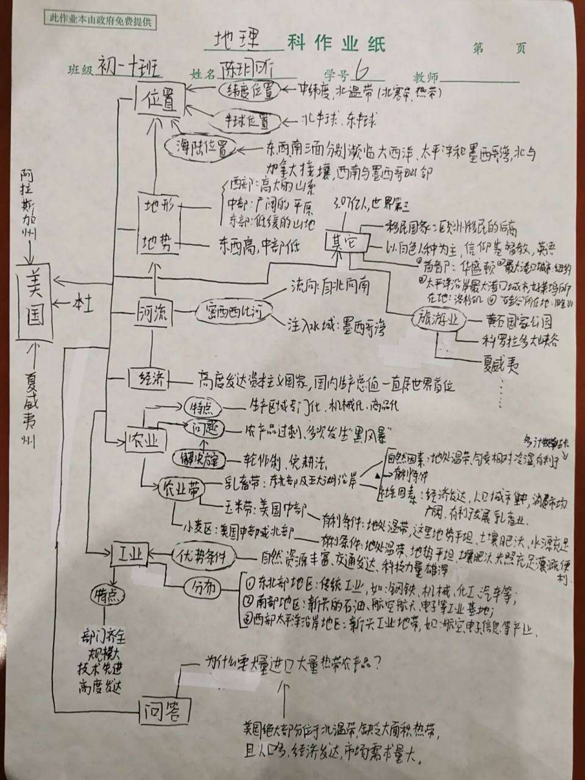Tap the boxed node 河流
pyautogui.click(x=152, y=314)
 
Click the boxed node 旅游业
pyautogui.click(x=440, y=320)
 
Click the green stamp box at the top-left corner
pyautogui.click(x=101, y=20)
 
